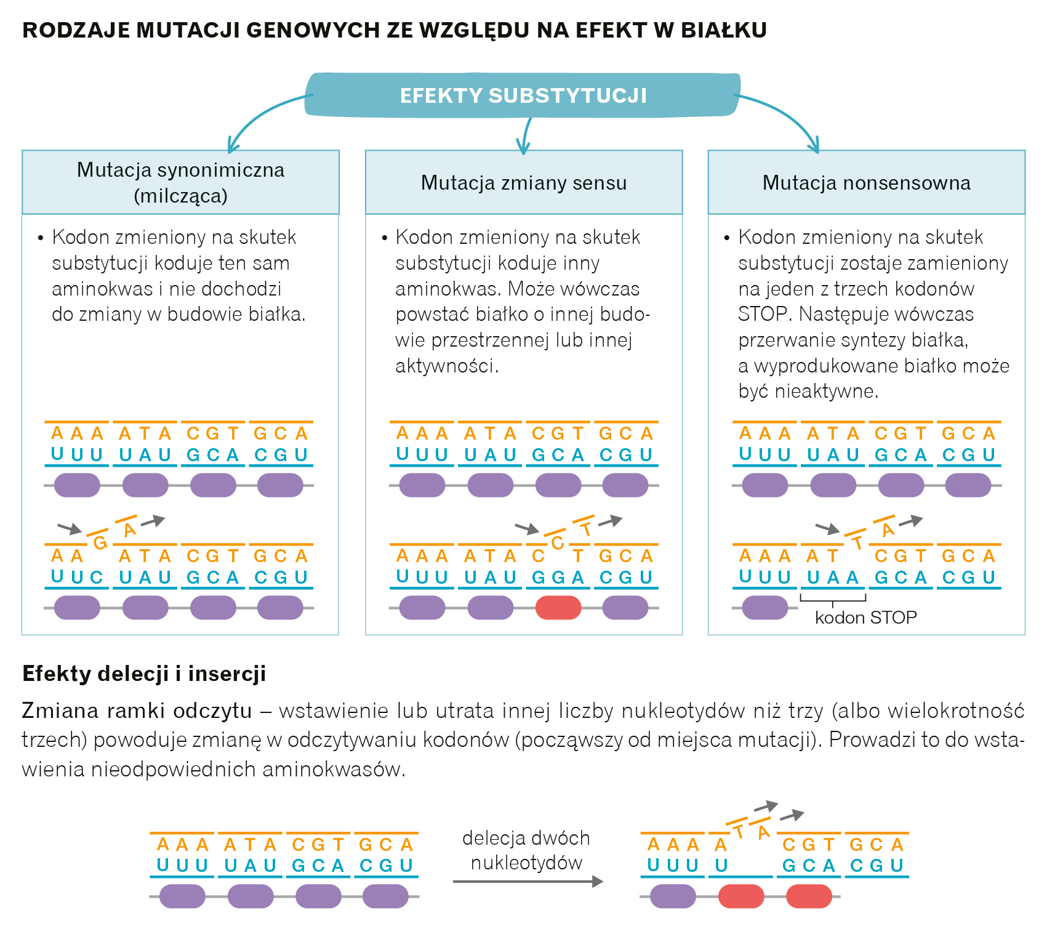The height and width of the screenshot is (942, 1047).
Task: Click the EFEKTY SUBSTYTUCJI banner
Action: click(523, 95)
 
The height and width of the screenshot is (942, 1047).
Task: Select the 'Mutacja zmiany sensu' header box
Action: click(524, 183)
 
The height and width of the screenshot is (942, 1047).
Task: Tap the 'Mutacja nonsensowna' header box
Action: click(866, 183)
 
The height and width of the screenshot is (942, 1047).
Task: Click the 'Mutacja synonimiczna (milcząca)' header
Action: click(180, 183)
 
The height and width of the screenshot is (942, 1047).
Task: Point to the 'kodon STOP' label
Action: click(865, 618)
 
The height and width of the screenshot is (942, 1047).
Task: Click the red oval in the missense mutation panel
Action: click(558, 608)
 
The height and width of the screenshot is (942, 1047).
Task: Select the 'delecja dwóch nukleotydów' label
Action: click(526, 850)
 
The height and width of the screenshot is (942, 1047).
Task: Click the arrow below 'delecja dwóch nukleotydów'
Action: click(528, 882)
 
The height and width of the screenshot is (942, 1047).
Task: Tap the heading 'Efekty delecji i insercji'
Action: click(144, 674)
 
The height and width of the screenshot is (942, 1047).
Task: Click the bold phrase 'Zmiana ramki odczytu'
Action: click(137, 711)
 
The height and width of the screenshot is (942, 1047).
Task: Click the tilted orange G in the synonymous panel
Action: click(100, 542)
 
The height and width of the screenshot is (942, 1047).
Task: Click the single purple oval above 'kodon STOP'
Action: click(765, 608)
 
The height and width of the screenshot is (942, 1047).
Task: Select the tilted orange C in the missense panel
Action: click(558, 542)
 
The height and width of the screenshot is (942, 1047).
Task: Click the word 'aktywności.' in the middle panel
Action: click(447, 366)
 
